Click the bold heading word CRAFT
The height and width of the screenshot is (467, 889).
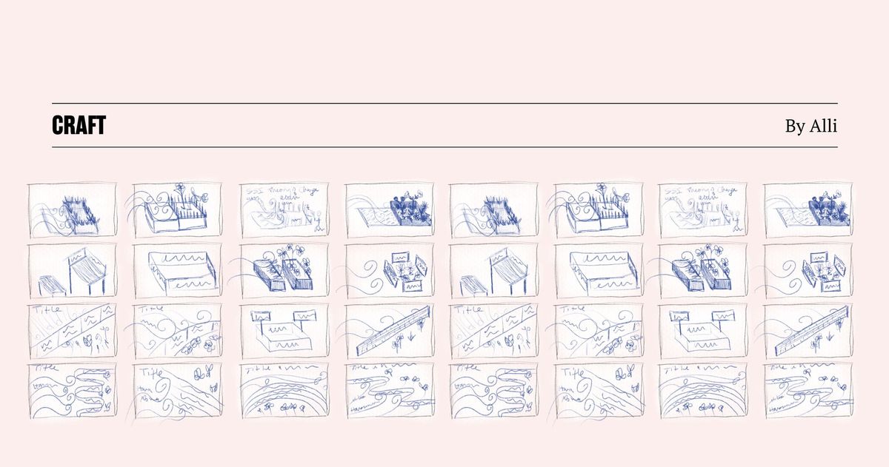[x=79, y=126]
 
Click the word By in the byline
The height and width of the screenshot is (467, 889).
[x=795, y=127]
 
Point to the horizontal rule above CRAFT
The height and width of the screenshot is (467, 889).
[x=444, y=103]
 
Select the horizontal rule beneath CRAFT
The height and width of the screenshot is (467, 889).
[x=444, y=147]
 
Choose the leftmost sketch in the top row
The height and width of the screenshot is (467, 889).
[x=73, y=210]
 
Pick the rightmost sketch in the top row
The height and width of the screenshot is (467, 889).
[x=808, y=210]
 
